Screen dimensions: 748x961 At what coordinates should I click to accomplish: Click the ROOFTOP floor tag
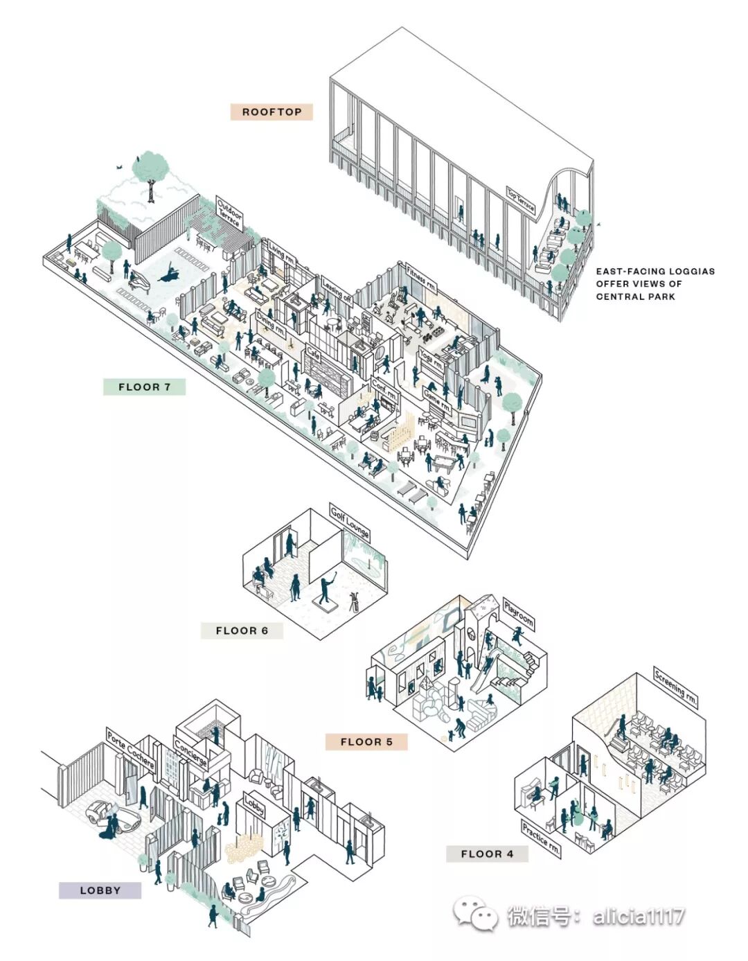point(271,112)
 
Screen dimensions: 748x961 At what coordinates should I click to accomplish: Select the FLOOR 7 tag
point(144,387)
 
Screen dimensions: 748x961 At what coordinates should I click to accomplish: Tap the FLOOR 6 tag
point(242,631)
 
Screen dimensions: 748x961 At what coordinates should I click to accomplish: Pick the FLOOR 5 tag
point(366,741)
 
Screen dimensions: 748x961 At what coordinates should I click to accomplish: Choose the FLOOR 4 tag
point(487,854)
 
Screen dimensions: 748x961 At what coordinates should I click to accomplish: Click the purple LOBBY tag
point(100,890)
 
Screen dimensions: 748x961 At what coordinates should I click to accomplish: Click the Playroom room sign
point(519,614)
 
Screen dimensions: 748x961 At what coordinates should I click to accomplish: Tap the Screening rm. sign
point(675,688)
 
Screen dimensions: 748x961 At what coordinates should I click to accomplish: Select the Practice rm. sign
point(540,838)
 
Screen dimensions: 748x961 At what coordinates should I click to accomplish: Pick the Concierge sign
point(190,753)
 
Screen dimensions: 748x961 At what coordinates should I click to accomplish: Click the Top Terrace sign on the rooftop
point(521,201)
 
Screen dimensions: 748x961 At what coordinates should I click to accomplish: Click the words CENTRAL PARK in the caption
point(635,297)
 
